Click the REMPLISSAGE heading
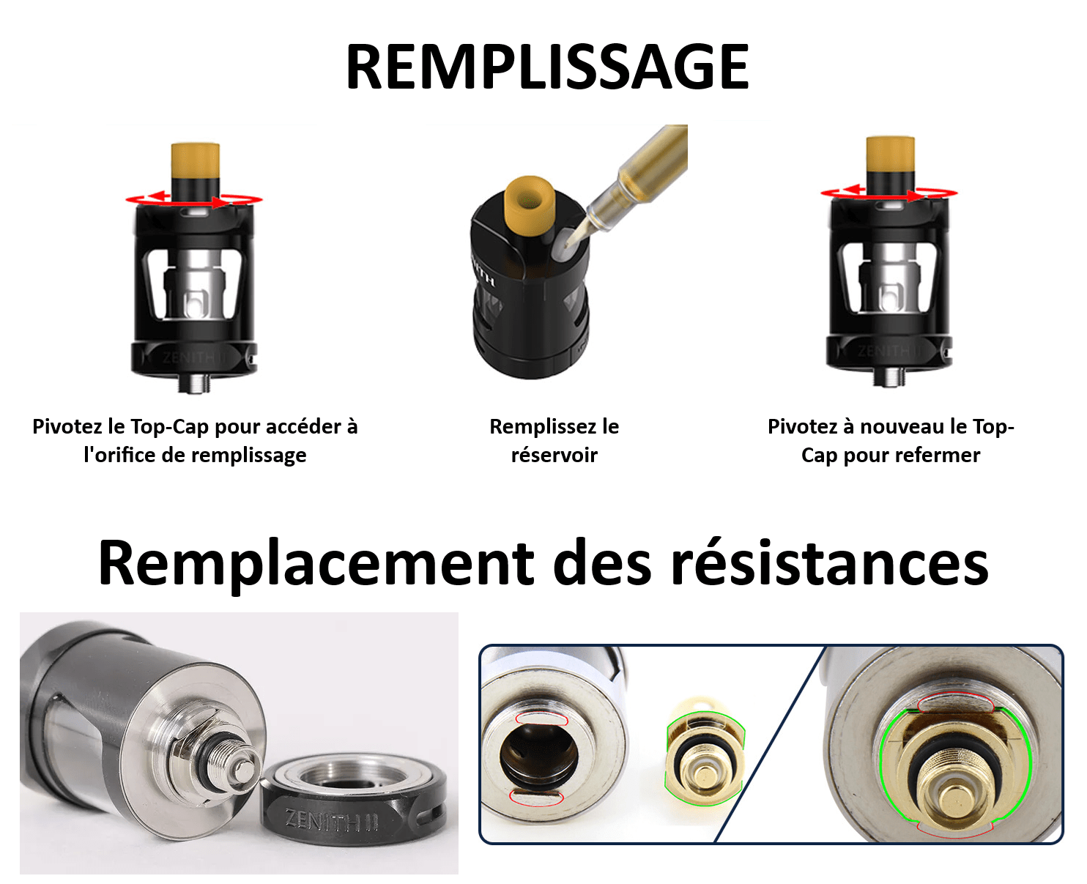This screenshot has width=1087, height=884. point(547,67)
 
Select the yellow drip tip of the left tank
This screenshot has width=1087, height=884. point(195,160)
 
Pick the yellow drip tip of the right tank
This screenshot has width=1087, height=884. point(890,155)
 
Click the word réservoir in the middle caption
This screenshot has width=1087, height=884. point(554,455)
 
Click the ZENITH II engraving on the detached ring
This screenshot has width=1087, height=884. point(332,820)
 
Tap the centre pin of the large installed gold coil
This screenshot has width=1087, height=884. point(954,801)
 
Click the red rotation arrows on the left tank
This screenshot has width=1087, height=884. point(194,199)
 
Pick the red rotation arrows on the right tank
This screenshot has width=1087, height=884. point(889,193)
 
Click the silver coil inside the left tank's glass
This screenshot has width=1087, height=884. point(194,284)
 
